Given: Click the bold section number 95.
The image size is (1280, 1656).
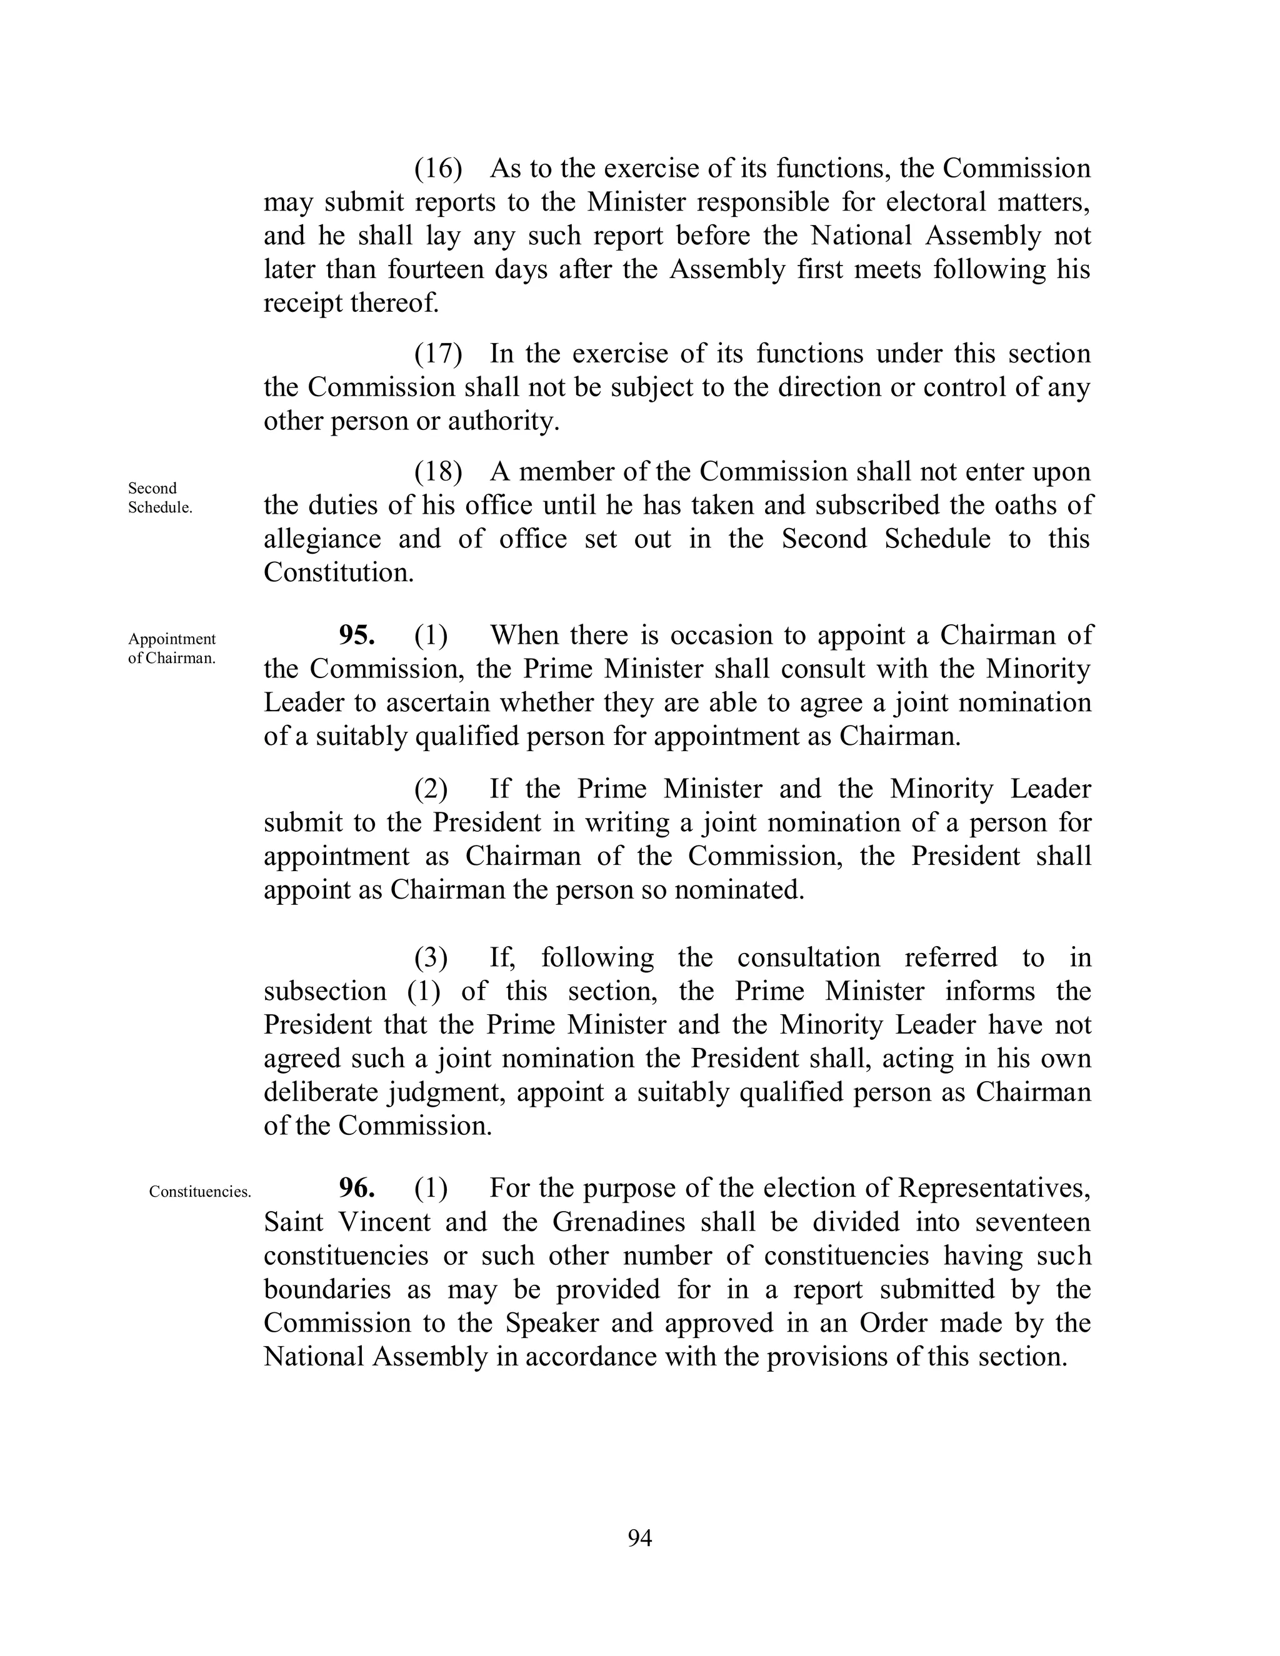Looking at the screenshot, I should tap(356, 635).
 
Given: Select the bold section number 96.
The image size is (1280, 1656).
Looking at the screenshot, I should tap(356, 1187).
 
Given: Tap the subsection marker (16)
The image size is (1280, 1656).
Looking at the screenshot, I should tap(437, 168).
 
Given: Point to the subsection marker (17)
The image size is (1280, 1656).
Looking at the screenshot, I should tap(437, 353).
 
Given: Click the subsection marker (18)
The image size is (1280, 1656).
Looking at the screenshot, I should tap(437, 472).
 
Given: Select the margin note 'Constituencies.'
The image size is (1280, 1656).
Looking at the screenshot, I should tap(199, 1192).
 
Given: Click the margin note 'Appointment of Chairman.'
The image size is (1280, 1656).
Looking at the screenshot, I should tap(172, 648).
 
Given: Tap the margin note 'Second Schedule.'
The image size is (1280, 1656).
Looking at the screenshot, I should tap(160, 497).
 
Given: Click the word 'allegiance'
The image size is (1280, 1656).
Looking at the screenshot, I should tap(322, 538).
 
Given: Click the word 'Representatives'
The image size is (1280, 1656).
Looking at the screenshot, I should tap(993, 1187).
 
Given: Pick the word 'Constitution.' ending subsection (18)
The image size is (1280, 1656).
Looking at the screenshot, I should tap(339, 572).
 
